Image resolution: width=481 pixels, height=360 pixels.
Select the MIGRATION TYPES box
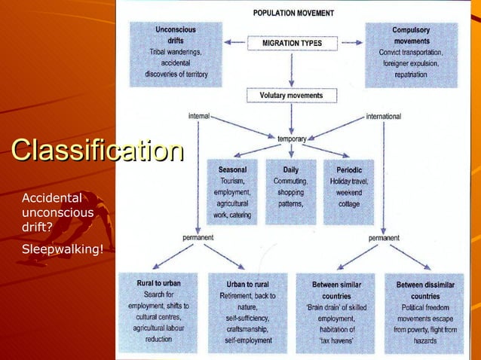click(292, 43)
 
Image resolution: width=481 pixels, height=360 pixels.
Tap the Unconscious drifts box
click(176, 52)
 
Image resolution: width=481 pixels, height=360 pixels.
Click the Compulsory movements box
click(411, 52)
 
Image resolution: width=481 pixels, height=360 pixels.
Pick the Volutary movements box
click(291, 96)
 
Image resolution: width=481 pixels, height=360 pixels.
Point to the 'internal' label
click(198, 117)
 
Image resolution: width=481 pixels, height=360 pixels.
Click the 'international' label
click(384, 117)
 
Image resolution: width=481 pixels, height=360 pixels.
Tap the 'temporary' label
click(292, 139)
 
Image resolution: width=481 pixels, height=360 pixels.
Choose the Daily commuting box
click(290, 193)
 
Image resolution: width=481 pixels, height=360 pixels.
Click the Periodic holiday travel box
click(348, 193)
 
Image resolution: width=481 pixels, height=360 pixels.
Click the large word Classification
click(97, 149)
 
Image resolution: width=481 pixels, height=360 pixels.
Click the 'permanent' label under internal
click(198, 237)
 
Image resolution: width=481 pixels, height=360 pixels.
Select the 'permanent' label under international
click(384, 237)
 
